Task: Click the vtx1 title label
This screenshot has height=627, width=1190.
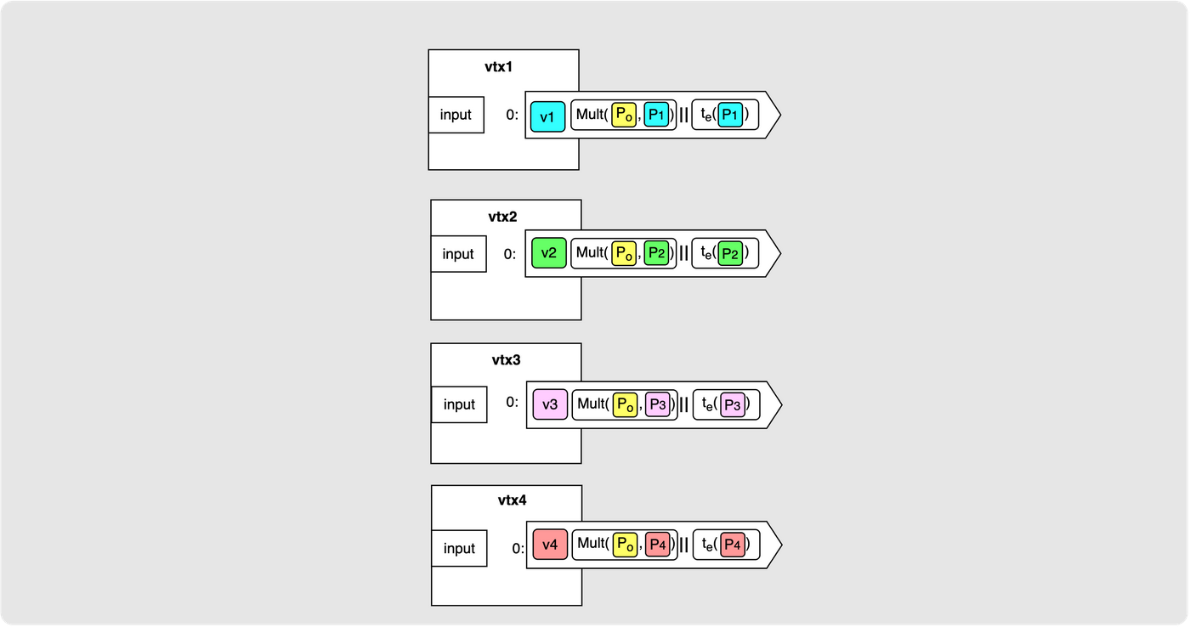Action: pyautogui.click(x=498, y=67)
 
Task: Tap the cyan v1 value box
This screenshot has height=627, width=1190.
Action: pyautogui.click(x=547, y=116)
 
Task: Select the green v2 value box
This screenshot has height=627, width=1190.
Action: pyautogui.click(x=549, y=252)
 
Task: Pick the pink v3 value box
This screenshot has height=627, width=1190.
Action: pyautogui.click(x=551, y=404)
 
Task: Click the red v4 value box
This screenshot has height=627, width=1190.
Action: pyautogui.click(x=551, y=545)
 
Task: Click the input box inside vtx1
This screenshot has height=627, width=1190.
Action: pyautogui.click(x=456, y=115)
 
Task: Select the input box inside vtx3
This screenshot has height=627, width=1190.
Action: pyautogui.click(x=459, y=404)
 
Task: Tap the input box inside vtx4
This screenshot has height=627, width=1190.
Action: pyautogui.click(x=459, y=549)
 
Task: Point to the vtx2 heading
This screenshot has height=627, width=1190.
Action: pyautogui.click(x=502, y=217)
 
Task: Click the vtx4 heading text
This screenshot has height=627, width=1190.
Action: pyautogui.click(x=512, y=500)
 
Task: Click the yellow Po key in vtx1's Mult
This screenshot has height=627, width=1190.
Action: pyautogui.click(x=624, y=115)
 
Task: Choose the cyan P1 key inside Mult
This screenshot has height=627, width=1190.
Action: pyautogui.click(x=656, y=115)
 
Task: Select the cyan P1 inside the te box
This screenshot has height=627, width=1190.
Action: pyautogui.click(x=730, y=115)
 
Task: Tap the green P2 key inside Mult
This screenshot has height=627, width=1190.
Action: pyautogui.click(x=656, y=253)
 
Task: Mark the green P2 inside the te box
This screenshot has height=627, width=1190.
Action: pyautogui.click(x=730, y=254)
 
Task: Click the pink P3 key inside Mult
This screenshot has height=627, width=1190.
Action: pyautogui.click(x=658, y=405)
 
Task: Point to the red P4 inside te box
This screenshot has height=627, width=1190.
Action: pyautogui.click(x=733, y=545)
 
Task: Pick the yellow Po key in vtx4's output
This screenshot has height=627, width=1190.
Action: pyautogui.click(x=625, y=545)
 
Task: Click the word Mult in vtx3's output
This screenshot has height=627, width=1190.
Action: pyautogui.click(x=591, y=404)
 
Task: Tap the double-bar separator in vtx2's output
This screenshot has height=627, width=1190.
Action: pyautogui.click(x=683, y=253)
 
